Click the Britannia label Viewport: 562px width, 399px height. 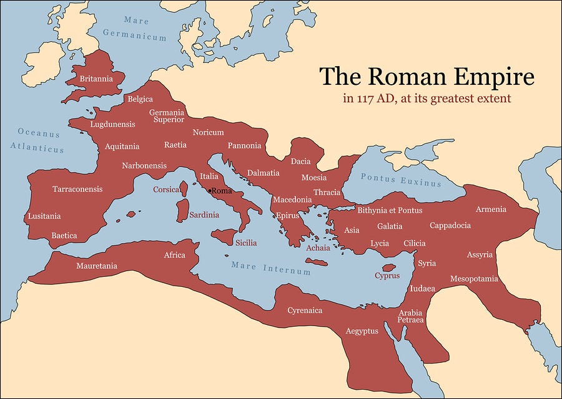coord(96,79)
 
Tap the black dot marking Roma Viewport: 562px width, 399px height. coord(210,190)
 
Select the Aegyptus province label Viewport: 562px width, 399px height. coord(362,331)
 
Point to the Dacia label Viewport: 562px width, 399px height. coord(300,161)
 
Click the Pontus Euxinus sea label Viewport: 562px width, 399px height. coord(401,180)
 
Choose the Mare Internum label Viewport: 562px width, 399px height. coord(271,269)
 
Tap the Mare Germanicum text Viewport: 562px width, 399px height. coord(136,29)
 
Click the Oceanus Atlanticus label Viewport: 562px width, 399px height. coord(38,141)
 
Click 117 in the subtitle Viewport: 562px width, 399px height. coord(365,99)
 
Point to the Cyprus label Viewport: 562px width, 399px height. coord(387,276)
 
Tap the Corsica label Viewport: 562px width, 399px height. coord(167,189)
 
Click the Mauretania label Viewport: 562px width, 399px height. coord(97,266)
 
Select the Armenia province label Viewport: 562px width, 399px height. coord(491,209)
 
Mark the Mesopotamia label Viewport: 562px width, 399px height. coord(474,279)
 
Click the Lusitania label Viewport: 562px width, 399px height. coord(44,216)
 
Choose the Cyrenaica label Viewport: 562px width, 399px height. coord(305,310)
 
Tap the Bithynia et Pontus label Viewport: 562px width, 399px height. coord(390,210)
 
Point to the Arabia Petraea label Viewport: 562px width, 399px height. coord(411,316)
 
